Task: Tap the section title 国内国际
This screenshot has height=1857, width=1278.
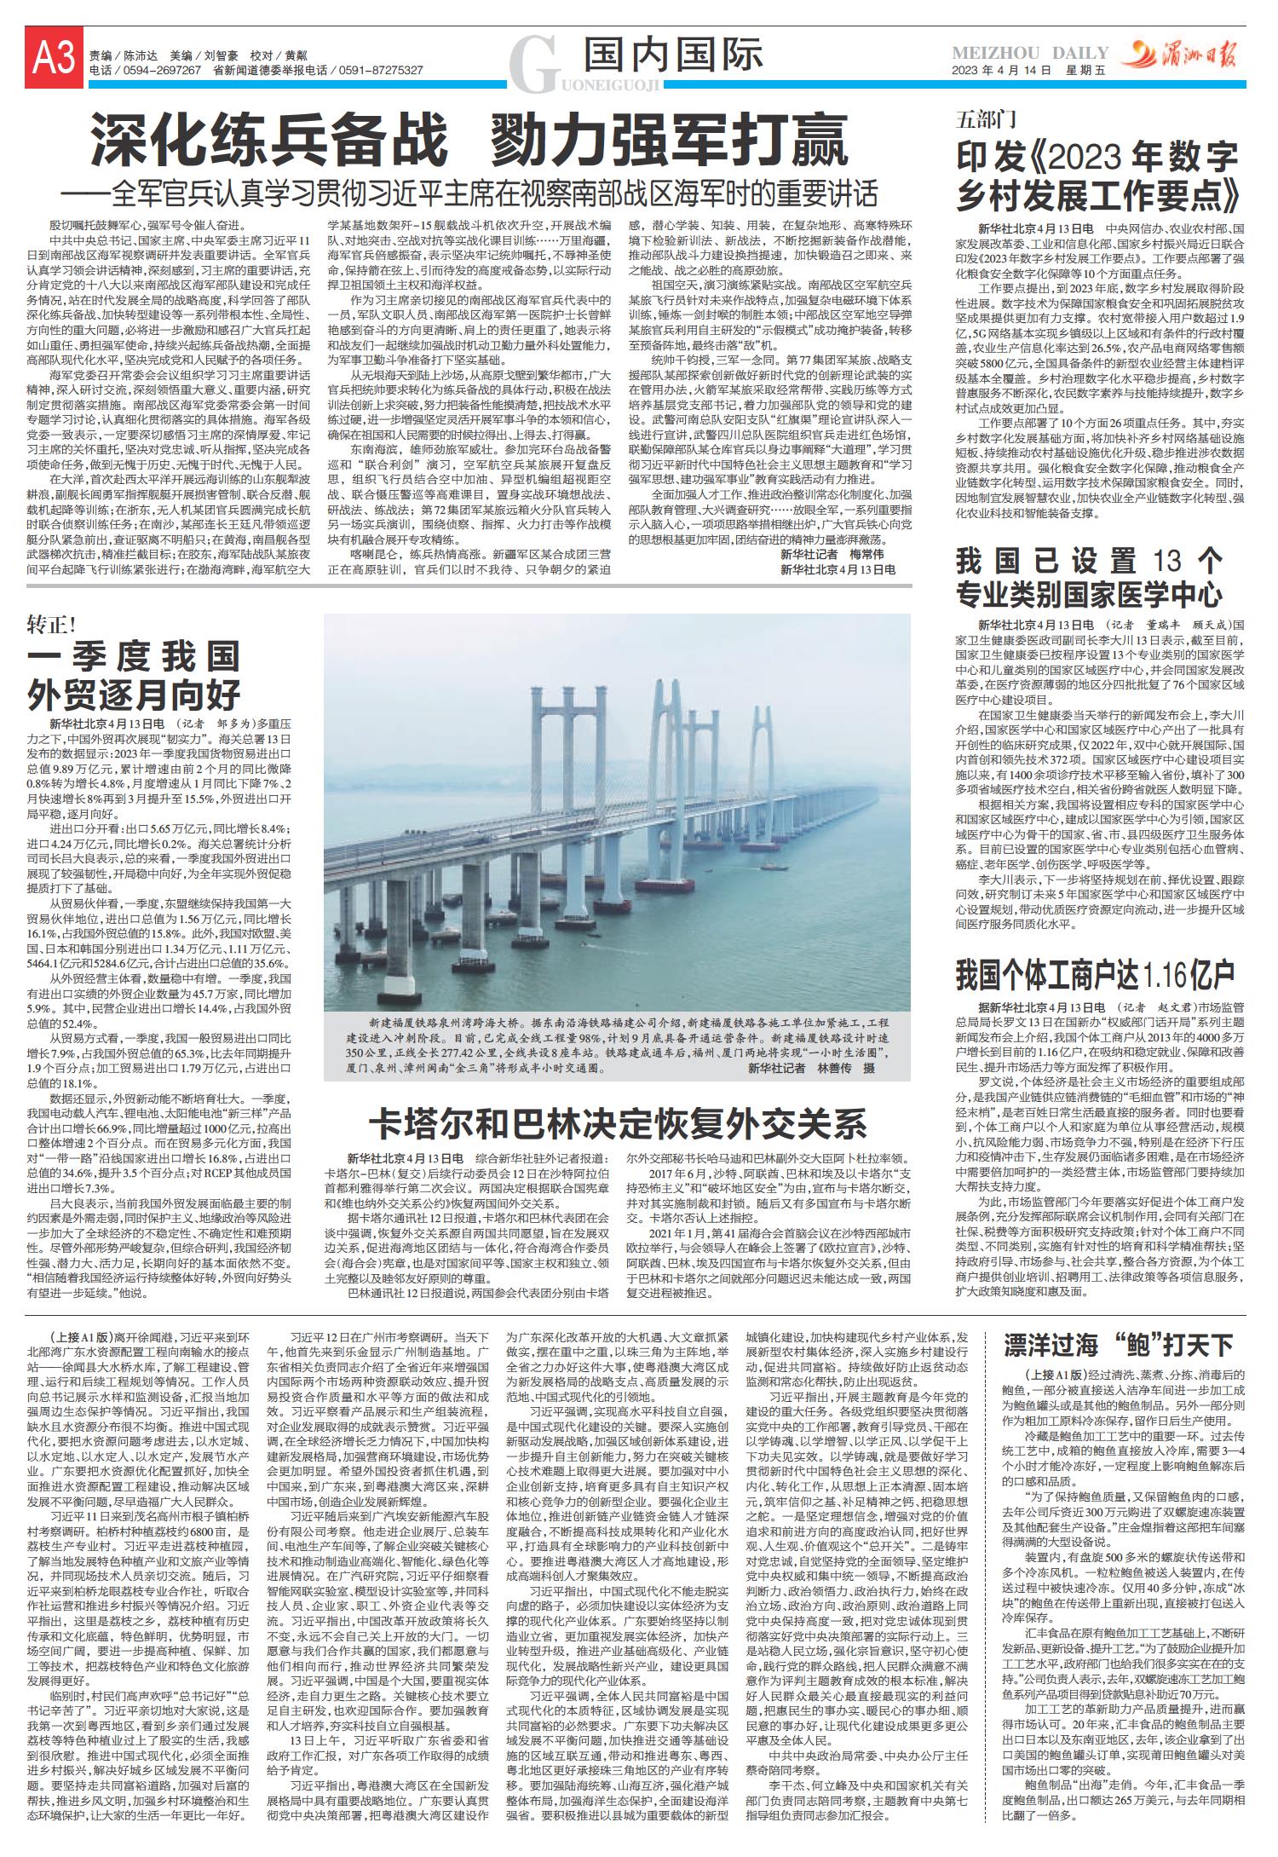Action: [673, 56]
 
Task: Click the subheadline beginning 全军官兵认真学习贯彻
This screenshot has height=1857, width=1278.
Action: [493, 193]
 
